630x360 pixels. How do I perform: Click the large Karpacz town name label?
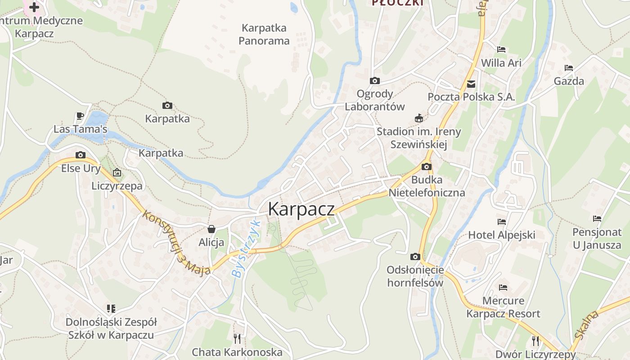coord(301,209)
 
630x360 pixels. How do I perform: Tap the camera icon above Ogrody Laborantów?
coord(374,81)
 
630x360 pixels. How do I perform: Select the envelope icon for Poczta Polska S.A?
coord(471,84)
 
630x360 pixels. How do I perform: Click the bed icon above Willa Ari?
coord(501,49)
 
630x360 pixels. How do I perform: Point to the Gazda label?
coord(569,81)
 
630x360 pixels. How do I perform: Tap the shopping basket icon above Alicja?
coord(211,229)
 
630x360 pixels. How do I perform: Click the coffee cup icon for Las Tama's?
coord(80,116)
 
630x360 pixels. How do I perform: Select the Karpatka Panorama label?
coord(264,34)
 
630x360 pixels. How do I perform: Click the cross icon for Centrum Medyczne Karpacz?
coord(34,7)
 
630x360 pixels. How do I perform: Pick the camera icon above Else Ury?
coord(81,155)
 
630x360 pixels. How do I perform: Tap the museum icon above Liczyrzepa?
coord(117,172)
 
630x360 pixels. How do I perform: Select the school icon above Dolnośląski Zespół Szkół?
coord(111,309)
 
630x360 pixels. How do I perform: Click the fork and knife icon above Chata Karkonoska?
coord(237,338)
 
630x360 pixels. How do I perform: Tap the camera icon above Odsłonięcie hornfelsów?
coord(415,257)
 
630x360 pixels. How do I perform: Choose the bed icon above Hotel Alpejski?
coord(502,222)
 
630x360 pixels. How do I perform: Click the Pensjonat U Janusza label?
coord(597,238)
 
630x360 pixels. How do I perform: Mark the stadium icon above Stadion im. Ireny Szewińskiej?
coord(419,118)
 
